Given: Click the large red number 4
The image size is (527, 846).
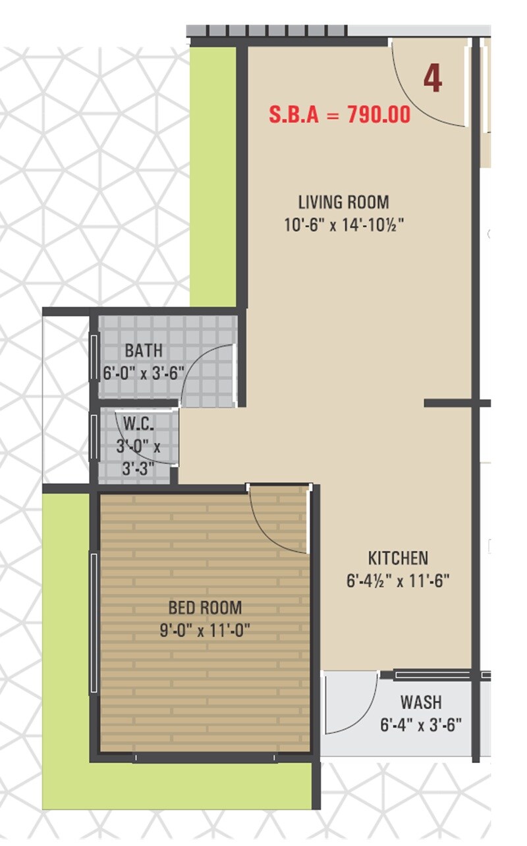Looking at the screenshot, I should coord(432,78).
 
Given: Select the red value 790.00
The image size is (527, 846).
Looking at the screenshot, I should coord(379,115).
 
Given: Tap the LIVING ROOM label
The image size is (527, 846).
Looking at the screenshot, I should coord(343,201).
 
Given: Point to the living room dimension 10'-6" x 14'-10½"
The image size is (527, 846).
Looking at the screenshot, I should coord(343,225).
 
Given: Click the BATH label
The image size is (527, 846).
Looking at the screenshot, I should coord(144,350).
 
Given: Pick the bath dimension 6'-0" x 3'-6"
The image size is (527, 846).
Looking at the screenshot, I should coord(144,373).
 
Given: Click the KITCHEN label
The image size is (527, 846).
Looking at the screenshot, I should coord(398,558).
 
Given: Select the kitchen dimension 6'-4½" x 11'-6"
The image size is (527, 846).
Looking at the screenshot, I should coord(398,581).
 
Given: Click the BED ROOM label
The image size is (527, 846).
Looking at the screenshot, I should coord(205,607).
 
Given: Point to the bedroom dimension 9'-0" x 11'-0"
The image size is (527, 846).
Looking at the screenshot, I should coord(205,630).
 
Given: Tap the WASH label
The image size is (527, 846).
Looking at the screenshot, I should coord(421,702).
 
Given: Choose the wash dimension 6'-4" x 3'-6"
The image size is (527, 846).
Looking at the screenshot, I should coord(421,725).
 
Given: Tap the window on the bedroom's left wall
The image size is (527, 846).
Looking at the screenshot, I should coord(94,622).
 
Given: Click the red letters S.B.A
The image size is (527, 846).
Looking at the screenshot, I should coord(294,115).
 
